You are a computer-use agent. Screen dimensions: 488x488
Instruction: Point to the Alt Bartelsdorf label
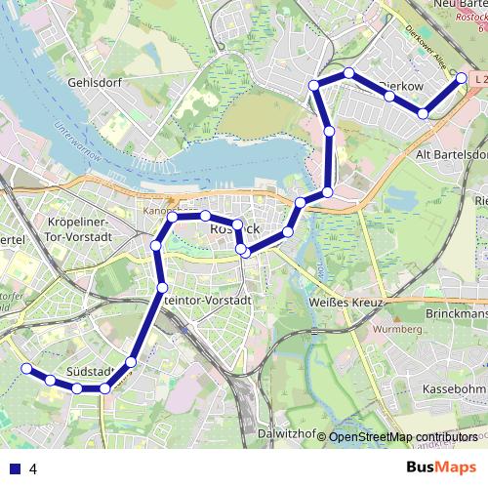pyautogui.click(x=452, y=154)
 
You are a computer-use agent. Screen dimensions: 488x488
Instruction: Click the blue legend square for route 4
pyautogui.click(x=15, y=468)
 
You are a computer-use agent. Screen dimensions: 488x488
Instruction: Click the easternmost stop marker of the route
pyautogui.click(x=460, y=85)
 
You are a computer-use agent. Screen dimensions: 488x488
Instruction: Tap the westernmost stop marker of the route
pyautogui.click(x=26, y=368)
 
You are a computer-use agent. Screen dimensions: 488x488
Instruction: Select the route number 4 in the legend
pyautogui.click(x=33, y=468)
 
